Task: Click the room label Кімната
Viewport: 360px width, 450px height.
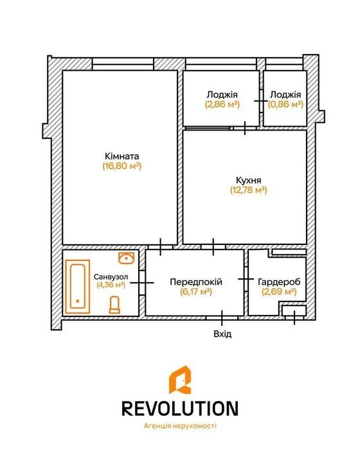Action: point(122,156)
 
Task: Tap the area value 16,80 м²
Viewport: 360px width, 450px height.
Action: point(122,166)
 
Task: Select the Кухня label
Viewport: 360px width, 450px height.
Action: point(249,180)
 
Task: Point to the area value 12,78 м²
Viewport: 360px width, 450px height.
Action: point(249,190)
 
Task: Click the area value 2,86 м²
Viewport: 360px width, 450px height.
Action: point(222,104)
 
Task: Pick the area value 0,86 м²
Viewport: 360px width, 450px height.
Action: point(285,104)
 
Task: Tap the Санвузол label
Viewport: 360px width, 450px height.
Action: point(111,277)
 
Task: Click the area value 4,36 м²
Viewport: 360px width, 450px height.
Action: point(111,285)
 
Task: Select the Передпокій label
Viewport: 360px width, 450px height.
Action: point(196,282)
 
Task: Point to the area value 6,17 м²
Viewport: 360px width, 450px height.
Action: point(196,292)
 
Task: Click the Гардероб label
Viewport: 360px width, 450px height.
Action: point(279,282)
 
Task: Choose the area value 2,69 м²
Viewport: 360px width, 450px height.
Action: point(279,292)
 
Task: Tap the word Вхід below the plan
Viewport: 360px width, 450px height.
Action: point(222,334)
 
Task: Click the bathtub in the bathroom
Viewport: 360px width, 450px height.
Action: point(78,287)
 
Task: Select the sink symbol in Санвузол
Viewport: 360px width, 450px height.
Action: point(127,258)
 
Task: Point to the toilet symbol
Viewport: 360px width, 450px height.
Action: point(114,305)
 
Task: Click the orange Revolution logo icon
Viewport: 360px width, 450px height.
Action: point(180,380)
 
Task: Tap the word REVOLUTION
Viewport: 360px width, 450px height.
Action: point(180,408)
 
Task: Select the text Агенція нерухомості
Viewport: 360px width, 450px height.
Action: point(180,426)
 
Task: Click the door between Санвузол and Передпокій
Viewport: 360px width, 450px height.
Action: point(142,283)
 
